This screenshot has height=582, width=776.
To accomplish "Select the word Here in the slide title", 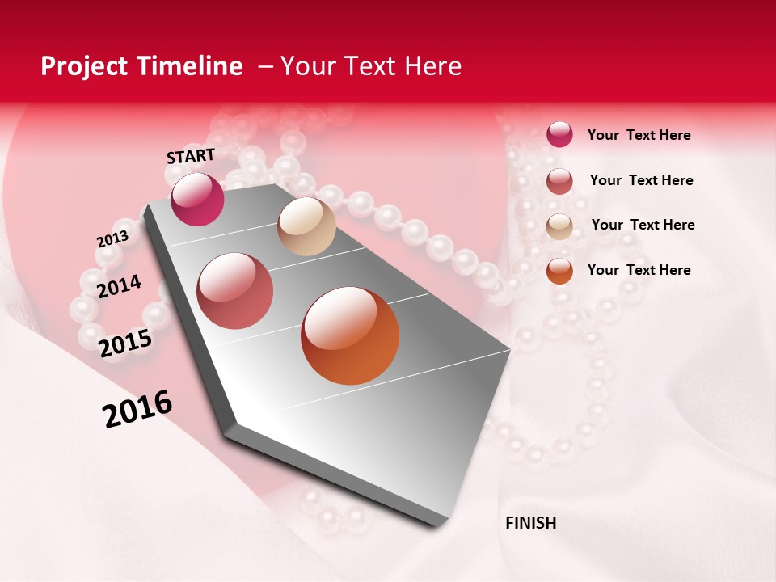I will (432, 66).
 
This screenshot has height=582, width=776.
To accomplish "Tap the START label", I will (191, 156).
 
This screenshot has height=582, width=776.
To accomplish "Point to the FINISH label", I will (531, 523).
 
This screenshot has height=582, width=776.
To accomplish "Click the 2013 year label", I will (112, 239).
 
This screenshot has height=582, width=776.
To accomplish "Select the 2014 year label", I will (119, 286).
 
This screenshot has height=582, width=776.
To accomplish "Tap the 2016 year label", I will (137, 408).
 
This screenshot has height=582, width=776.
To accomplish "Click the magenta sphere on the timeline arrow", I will (197, 199).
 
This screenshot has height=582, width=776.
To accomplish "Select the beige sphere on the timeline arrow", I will (306, 226).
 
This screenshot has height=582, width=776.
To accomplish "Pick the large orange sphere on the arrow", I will (350, 335).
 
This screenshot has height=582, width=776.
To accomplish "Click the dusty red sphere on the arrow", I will (235, 291).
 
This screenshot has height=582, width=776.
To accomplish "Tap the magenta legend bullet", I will (559, 135).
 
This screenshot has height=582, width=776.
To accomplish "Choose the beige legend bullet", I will (559, 226).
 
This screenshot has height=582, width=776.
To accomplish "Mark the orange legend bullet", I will (559, 271).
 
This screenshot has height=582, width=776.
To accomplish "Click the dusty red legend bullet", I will (559, 181).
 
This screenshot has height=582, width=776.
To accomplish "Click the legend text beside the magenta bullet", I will (639, 135).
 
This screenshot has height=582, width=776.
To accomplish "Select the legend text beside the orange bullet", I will (639, 270).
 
